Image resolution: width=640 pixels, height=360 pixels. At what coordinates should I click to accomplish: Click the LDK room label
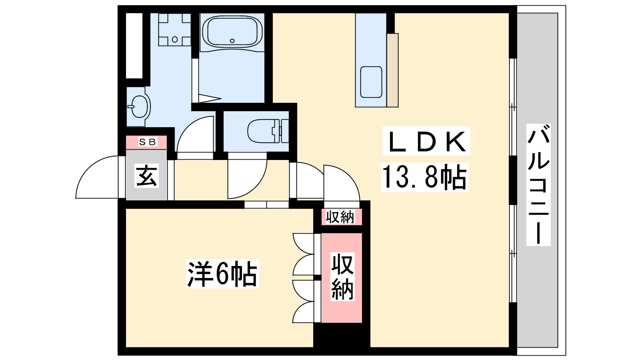coord(426,141)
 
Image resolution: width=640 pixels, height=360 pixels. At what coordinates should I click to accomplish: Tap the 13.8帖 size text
coord(424,177)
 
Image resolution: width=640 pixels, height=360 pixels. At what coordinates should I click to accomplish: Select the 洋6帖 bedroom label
coord(222,274)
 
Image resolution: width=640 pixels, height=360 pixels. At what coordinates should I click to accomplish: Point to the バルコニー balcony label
coord(538,184)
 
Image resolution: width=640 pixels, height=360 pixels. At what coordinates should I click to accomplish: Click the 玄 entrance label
coord(146,176)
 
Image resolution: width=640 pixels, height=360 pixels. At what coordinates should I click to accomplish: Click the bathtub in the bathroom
coord(232,32)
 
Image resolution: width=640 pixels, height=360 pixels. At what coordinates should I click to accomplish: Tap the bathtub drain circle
coord(232,41)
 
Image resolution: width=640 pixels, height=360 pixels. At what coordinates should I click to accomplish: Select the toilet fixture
coord(268,131)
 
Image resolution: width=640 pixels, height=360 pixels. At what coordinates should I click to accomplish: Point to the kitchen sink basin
coord(371,82)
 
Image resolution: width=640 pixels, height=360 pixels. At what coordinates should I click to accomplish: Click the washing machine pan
coord(174,30)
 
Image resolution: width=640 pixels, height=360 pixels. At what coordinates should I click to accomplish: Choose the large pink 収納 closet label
coord(342,276)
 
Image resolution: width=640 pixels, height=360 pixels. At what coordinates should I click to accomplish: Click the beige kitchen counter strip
coord(392,70)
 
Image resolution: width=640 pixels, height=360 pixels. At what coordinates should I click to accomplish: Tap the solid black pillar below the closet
coord(342,335)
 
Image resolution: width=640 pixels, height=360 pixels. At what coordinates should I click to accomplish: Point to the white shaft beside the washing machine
coord(134,46)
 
